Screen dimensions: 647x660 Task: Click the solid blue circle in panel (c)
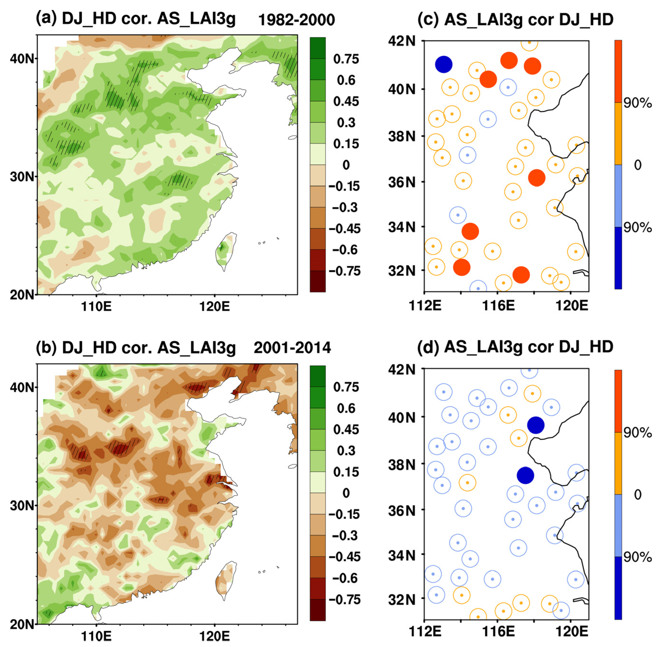click(x=443, y=64)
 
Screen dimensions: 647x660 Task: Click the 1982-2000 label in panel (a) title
click(x=296, y=20)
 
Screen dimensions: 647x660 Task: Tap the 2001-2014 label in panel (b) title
click(x=292, y=348)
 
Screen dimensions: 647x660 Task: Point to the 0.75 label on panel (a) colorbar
click(x=345, y=59)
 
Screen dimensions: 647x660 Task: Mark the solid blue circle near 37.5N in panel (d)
click(x=525, y=475)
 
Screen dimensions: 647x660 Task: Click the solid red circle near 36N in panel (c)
click(x=536, y=178)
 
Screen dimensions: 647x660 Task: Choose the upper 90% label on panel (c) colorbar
click(x=637, y=103)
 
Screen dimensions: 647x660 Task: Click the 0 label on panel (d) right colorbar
click(x=638, y=494)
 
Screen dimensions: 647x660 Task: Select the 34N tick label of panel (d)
click(x=402, y=555)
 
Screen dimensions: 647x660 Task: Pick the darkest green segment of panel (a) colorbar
click(x=317, y=48)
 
